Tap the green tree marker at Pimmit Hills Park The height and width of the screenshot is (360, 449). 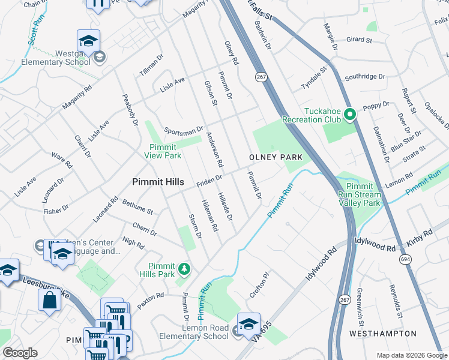[x=184, y=269]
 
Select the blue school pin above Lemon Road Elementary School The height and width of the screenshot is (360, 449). [x=249, y=324]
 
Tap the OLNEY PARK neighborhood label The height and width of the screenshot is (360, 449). [x=275, y=157]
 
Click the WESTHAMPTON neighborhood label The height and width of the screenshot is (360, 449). [x=382, y=333]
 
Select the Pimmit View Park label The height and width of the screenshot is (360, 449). [x=162, y=151]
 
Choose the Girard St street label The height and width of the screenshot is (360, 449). [x=359, y=41]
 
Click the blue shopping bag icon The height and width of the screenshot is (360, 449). [x=49, y=300]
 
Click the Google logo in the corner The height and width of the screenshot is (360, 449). [x=20, y=353]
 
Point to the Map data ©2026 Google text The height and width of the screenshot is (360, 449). [x=411, y=355]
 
